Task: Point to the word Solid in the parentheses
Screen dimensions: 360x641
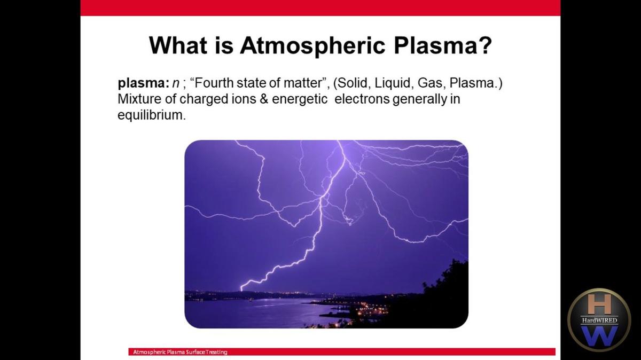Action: (x=357, y=84)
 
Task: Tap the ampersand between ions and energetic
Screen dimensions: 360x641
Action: (x=263, y=99)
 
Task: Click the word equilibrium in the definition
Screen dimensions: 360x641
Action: (x=150, y=115)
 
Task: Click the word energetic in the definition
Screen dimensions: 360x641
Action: (x=300, y=99)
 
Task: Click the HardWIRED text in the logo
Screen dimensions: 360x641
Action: (x=599, y=320)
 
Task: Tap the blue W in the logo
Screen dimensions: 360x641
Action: (x=599, y=335)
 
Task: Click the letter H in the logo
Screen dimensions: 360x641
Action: (x=599, y=304)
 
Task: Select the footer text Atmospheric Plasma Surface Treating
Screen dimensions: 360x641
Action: (x=181, y=352)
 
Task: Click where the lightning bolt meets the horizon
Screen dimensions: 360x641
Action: (x=242, y=289)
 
